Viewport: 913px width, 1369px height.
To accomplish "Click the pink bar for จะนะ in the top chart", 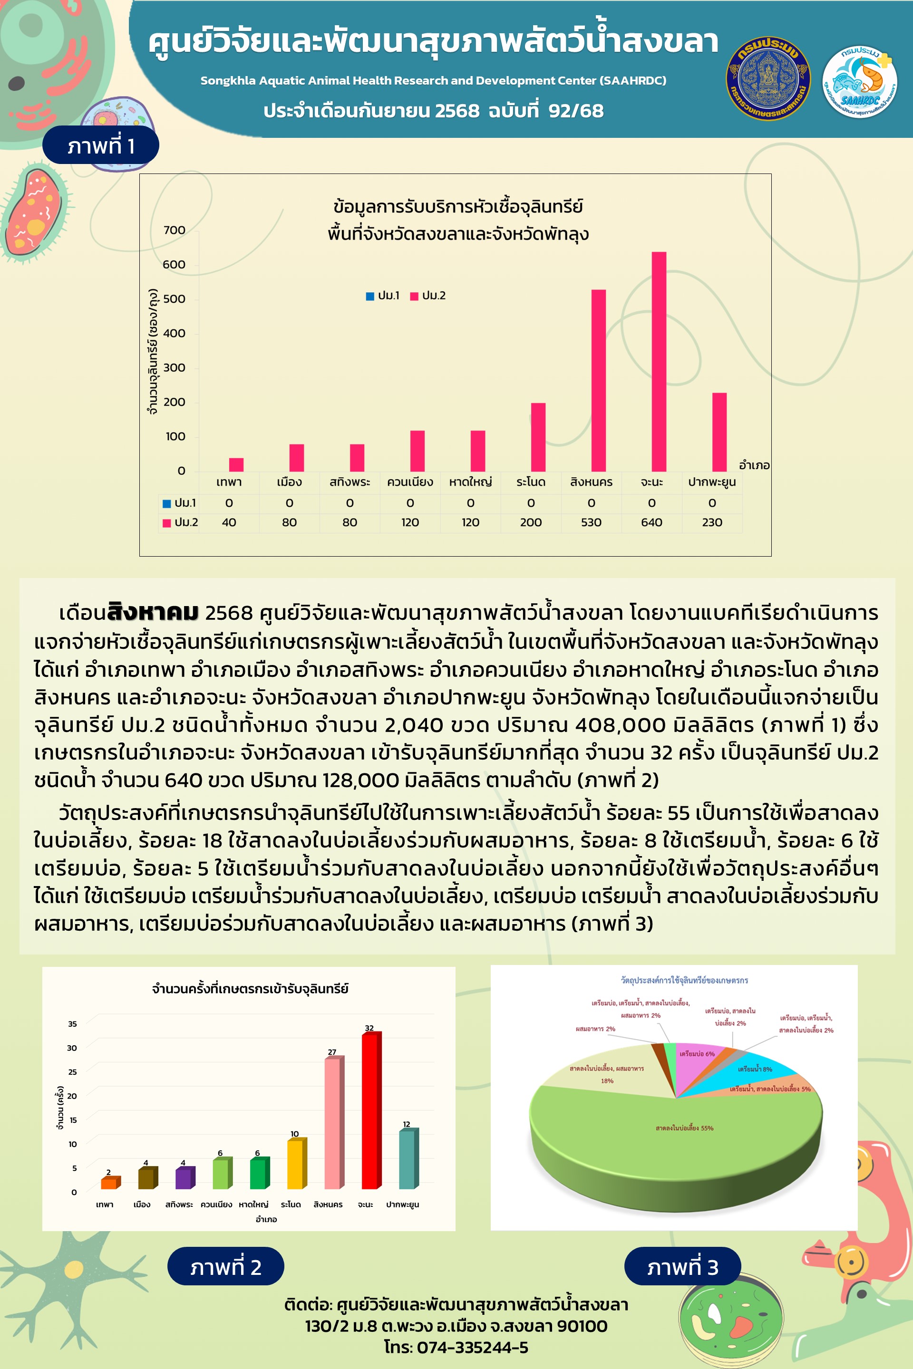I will pyautogui.click(x=659, y=361).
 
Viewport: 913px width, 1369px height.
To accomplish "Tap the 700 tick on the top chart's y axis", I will pyautogui.click(x=174, y=231).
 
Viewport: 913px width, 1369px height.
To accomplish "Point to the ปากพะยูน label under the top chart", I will pyautogui.click(x=711, y=482).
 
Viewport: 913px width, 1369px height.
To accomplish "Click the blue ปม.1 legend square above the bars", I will pyautogui.click(x=370, y=296).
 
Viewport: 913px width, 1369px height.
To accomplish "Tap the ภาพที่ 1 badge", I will pyautogui.click(x=101, y=145).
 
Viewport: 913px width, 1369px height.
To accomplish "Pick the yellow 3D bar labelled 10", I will pyautogui.click(x=295, y=1164).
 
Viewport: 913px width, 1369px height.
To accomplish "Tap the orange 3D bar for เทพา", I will pyautogui.click(x=109, y=1183).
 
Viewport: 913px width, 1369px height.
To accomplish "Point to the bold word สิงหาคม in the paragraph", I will pyautogui.click(x=153, y=613).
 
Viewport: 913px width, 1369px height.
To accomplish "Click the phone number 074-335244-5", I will pyautogui.click(x=473, y=1348).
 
